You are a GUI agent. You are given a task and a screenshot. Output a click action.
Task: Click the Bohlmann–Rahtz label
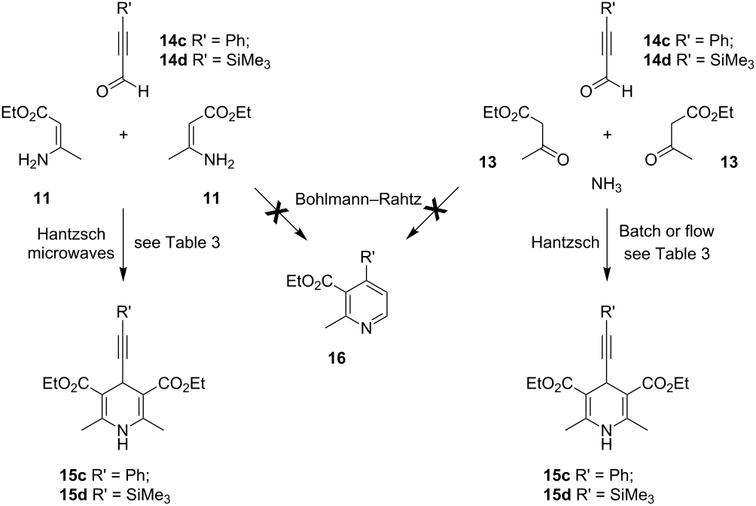[358, 200]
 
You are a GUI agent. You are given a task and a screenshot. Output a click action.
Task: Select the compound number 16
[337, 358]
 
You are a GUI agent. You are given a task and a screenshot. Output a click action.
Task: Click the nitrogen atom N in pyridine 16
[367, 330]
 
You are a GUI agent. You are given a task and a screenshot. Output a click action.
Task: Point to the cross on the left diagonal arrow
[276, 212]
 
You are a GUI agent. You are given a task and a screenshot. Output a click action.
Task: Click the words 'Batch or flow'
[666, 231]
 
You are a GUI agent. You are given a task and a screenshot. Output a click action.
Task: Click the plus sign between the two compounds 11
[124, 135]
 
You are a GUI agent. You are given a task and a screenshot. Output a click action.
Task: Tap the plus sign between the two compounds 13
[608, 135]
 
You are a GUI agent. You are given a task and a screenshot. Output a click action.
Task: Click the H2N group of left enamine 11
[33, 160]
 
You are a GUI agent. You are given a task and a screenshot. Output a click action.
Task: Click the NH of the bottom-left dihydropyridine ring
[123, 435]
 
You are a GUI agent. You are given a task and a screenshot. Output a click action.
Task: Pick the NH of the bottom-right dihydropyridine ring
[607, 435]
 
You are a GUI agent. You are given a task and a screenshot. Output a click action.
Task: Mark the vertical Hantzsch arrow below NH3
[607, 245]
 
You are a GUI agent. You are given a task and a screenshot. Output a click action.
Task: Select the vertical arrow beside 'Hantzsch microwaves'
[124, 245]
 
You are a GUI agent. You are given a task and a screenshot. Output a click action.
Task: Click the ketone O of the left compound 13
[562, 160]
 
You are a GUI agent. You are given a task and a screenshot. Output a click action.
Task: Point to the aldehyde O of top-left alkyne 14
[102, 91]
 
